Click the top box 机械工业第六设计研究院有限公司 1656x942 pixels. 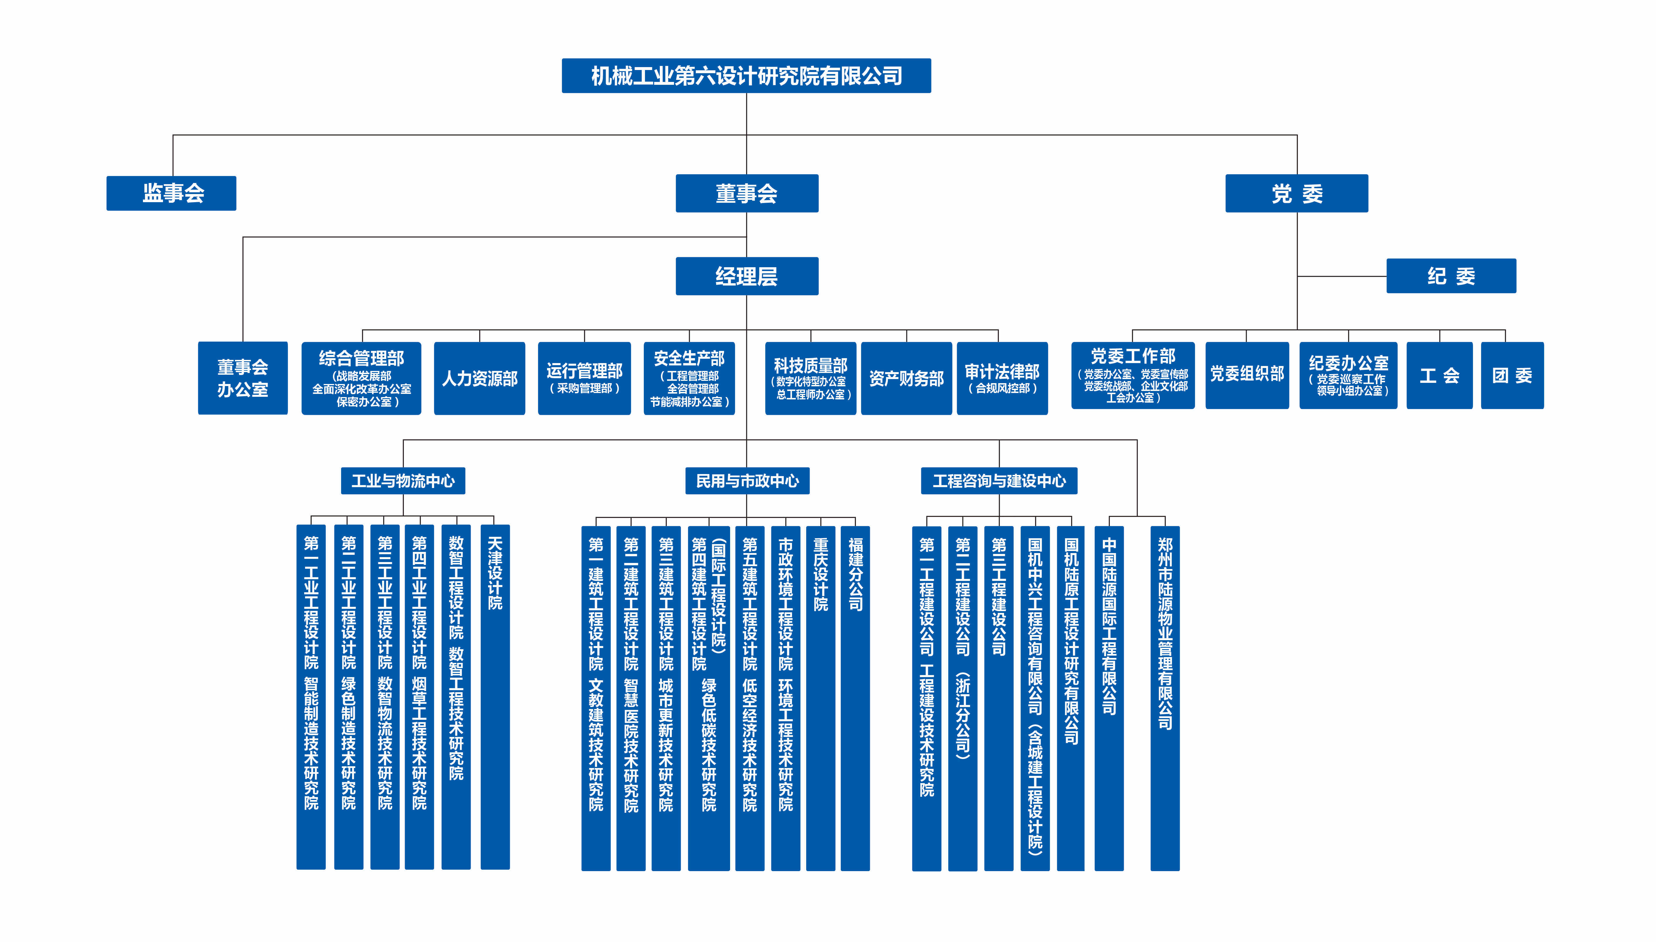click(746, 76)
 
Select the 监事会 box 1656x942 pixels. click(171, 193)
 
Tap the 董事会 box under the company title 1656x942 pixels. click(747, 193)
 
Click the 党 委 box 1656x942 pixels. click(1297, 193)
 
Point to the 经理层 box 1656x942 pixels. click(747, 276)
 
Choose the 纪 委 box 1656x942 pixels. click(1451, 276)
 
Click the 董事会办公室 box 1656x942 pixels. click(243, 378)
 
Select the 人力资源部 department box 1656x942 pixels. click(480, 378)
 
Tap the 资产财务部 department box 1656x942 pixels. click(906, 378)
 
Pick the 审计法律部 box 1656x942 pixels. click(1002, 378)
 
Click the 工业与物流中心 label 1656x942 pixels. click(403, 481)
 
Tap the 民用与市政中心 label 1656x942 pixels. click(748, 481)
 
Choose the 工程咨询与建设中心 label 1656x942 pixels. click(999, 481)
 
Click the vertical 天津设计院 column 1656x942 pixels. click(495, 697)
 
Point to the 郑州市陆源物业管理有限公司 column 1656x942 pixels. click(1165, 698)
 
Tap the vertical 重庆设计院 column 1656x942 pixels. click(820, 698)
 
